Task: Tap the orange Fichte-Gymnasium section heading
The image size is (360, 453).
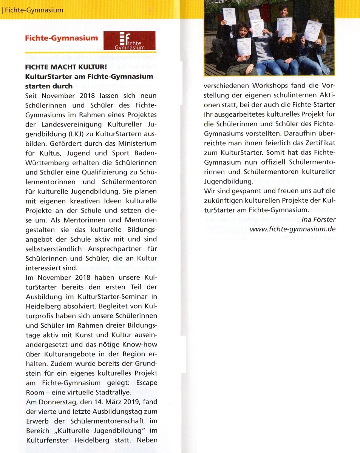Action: pyautogui.click(x=61, y=38)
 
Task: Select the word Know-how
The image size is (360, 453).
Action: pyautogui.click(x=140, y=344)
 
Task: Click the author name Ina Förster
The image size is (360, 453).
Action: pyautogui.click(x=318, y=219)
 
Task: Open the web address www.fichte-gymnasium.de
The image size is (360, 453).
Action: pyautogui.click(x=293, y=229)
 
